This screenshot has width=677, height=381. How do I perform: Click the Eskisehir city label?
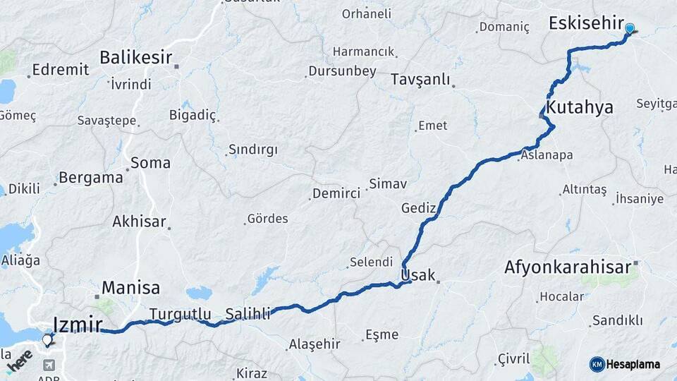586,24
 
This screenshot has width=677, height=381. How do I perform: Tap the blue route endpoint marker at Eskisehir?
630,29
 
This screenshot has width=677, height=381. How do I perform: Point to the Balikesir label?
136,57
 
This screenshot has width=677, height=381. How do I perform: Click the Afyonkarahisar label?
567,267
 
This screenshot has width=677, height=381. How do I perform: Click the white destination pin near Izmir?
47,340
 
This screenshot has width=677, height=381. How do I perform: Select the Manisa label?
130,288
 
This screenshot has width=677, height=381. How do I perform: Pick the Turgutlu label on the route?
181,314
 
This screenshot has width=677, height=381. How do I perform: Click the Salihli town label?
248,314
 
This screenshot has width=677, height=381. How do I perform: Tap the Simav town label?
389,183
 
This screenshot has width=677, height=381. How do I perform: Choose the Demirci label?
336,193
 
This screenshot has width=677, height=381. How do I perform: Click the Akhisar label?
139,222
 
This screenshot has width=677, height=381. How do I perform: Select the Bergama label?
91,178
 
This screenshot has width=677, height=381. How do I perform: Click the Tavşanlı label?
420,80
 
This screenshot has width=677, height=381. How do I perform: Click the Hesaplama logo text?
634,364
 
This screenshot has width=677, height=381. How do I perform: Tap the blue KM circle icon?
597,364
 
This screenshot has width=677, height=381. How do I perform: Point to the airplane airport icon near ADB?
49,365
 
